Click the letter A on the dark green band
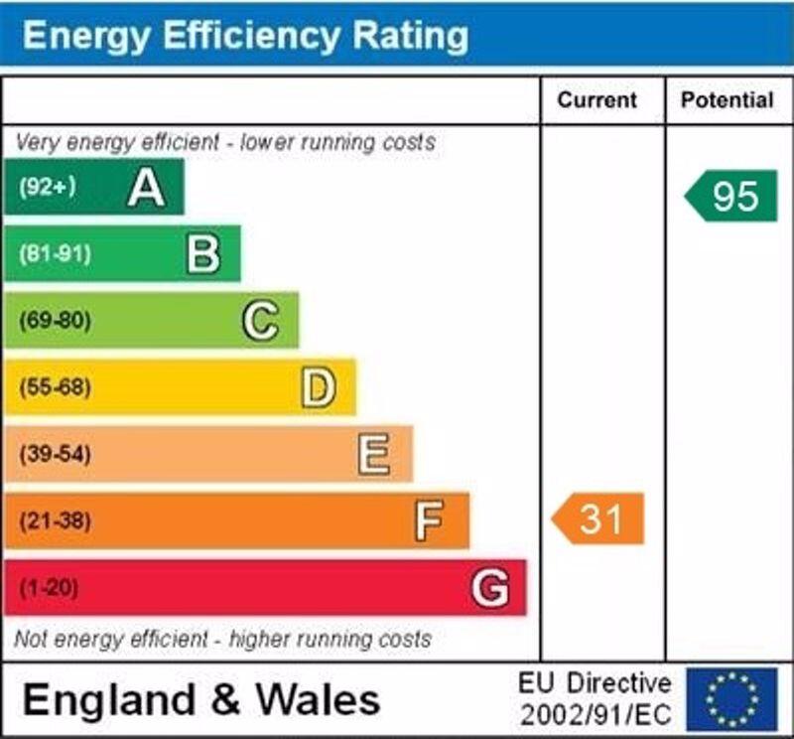tap(146, 187)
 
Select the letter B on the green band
tap(202, 254)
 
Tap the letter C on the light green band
tap(260, 321)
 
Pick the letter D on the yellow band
tap(318, 387)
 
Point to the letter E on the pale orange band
tap(374, 455)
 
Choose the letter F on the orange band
tap(429, 521)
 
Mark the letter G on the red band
tap(490, 588)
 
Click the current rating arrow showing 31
tap(598, 518)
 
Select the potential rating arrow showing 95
tap(732, 196)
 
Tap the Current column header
tap(596, 100)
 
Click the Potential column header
tap(727, 100)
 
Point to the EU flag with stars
tap(732, 698)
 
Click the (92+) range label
tap(47, 187)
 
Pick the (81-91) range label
tap(55, 254)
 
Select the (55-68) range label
tap(55, 387)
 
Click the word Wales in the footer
tap(319, 699)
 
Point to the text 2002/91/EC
tap(595, 714)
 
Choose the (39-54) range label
tap(55, 455)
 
